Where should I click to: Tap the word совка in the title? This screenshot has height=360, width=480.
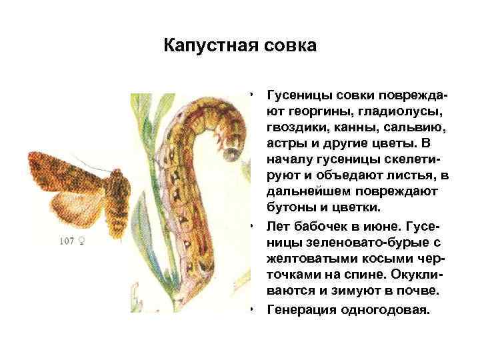287,46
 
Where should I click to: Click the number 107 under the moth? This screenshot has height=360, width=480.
67,240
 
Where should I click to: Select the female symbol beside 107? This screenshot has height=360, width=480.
81,240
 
